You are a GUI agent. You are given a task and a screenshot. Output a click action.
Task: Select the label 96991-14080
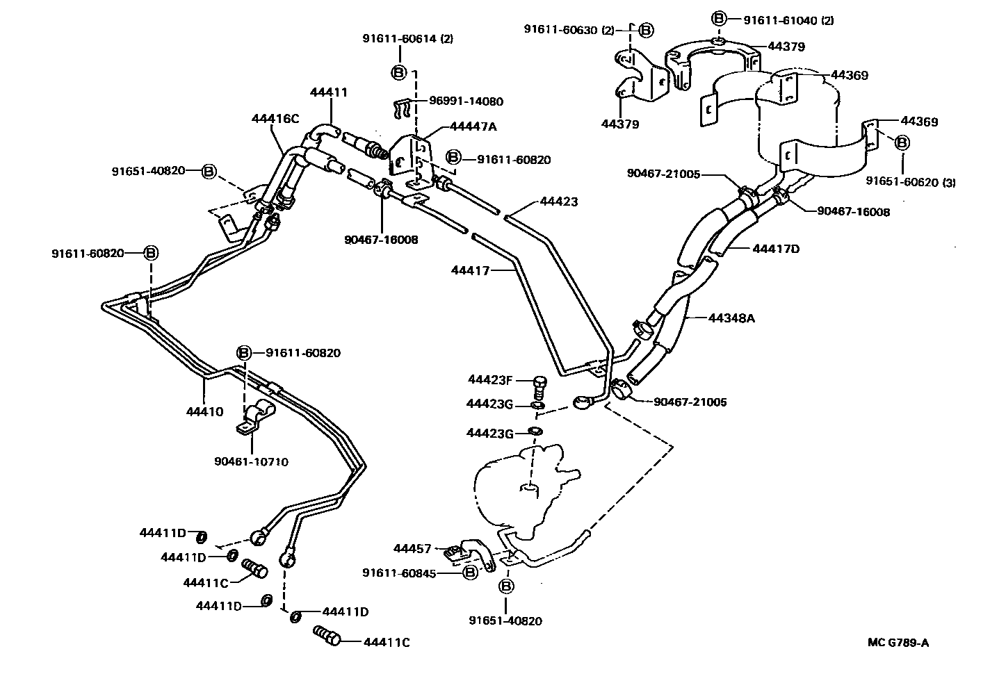coord(466,101)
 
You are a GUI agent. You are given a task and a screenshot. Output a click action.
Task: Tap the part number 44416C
coord(275,118)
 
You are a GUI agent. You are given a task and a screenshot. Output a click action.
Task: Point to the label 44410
coord(204,411)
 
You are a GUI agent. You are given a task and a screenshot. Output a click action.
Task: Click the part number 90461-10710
coord(252,462)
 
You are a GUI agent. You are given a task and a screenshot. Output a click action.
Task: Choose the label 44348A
coord(731,318)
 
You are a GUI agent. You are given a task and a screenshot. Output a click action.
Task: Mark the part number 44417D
coord(776,248)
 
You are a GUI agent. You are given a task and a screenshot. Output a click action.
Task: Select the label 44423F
coord(489,379)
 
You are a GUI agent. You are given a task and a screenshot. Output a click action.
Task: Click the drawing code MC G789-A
coord(898,642)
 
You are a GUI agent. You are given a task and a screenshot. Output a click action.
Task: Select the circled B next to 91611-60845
coord(470,572)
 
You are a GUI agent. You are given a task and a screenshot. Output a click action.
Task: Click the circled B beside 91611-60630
coord(646,29)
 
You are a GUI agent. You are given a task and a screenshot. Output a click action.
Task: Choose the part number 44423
coord(559,202)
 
